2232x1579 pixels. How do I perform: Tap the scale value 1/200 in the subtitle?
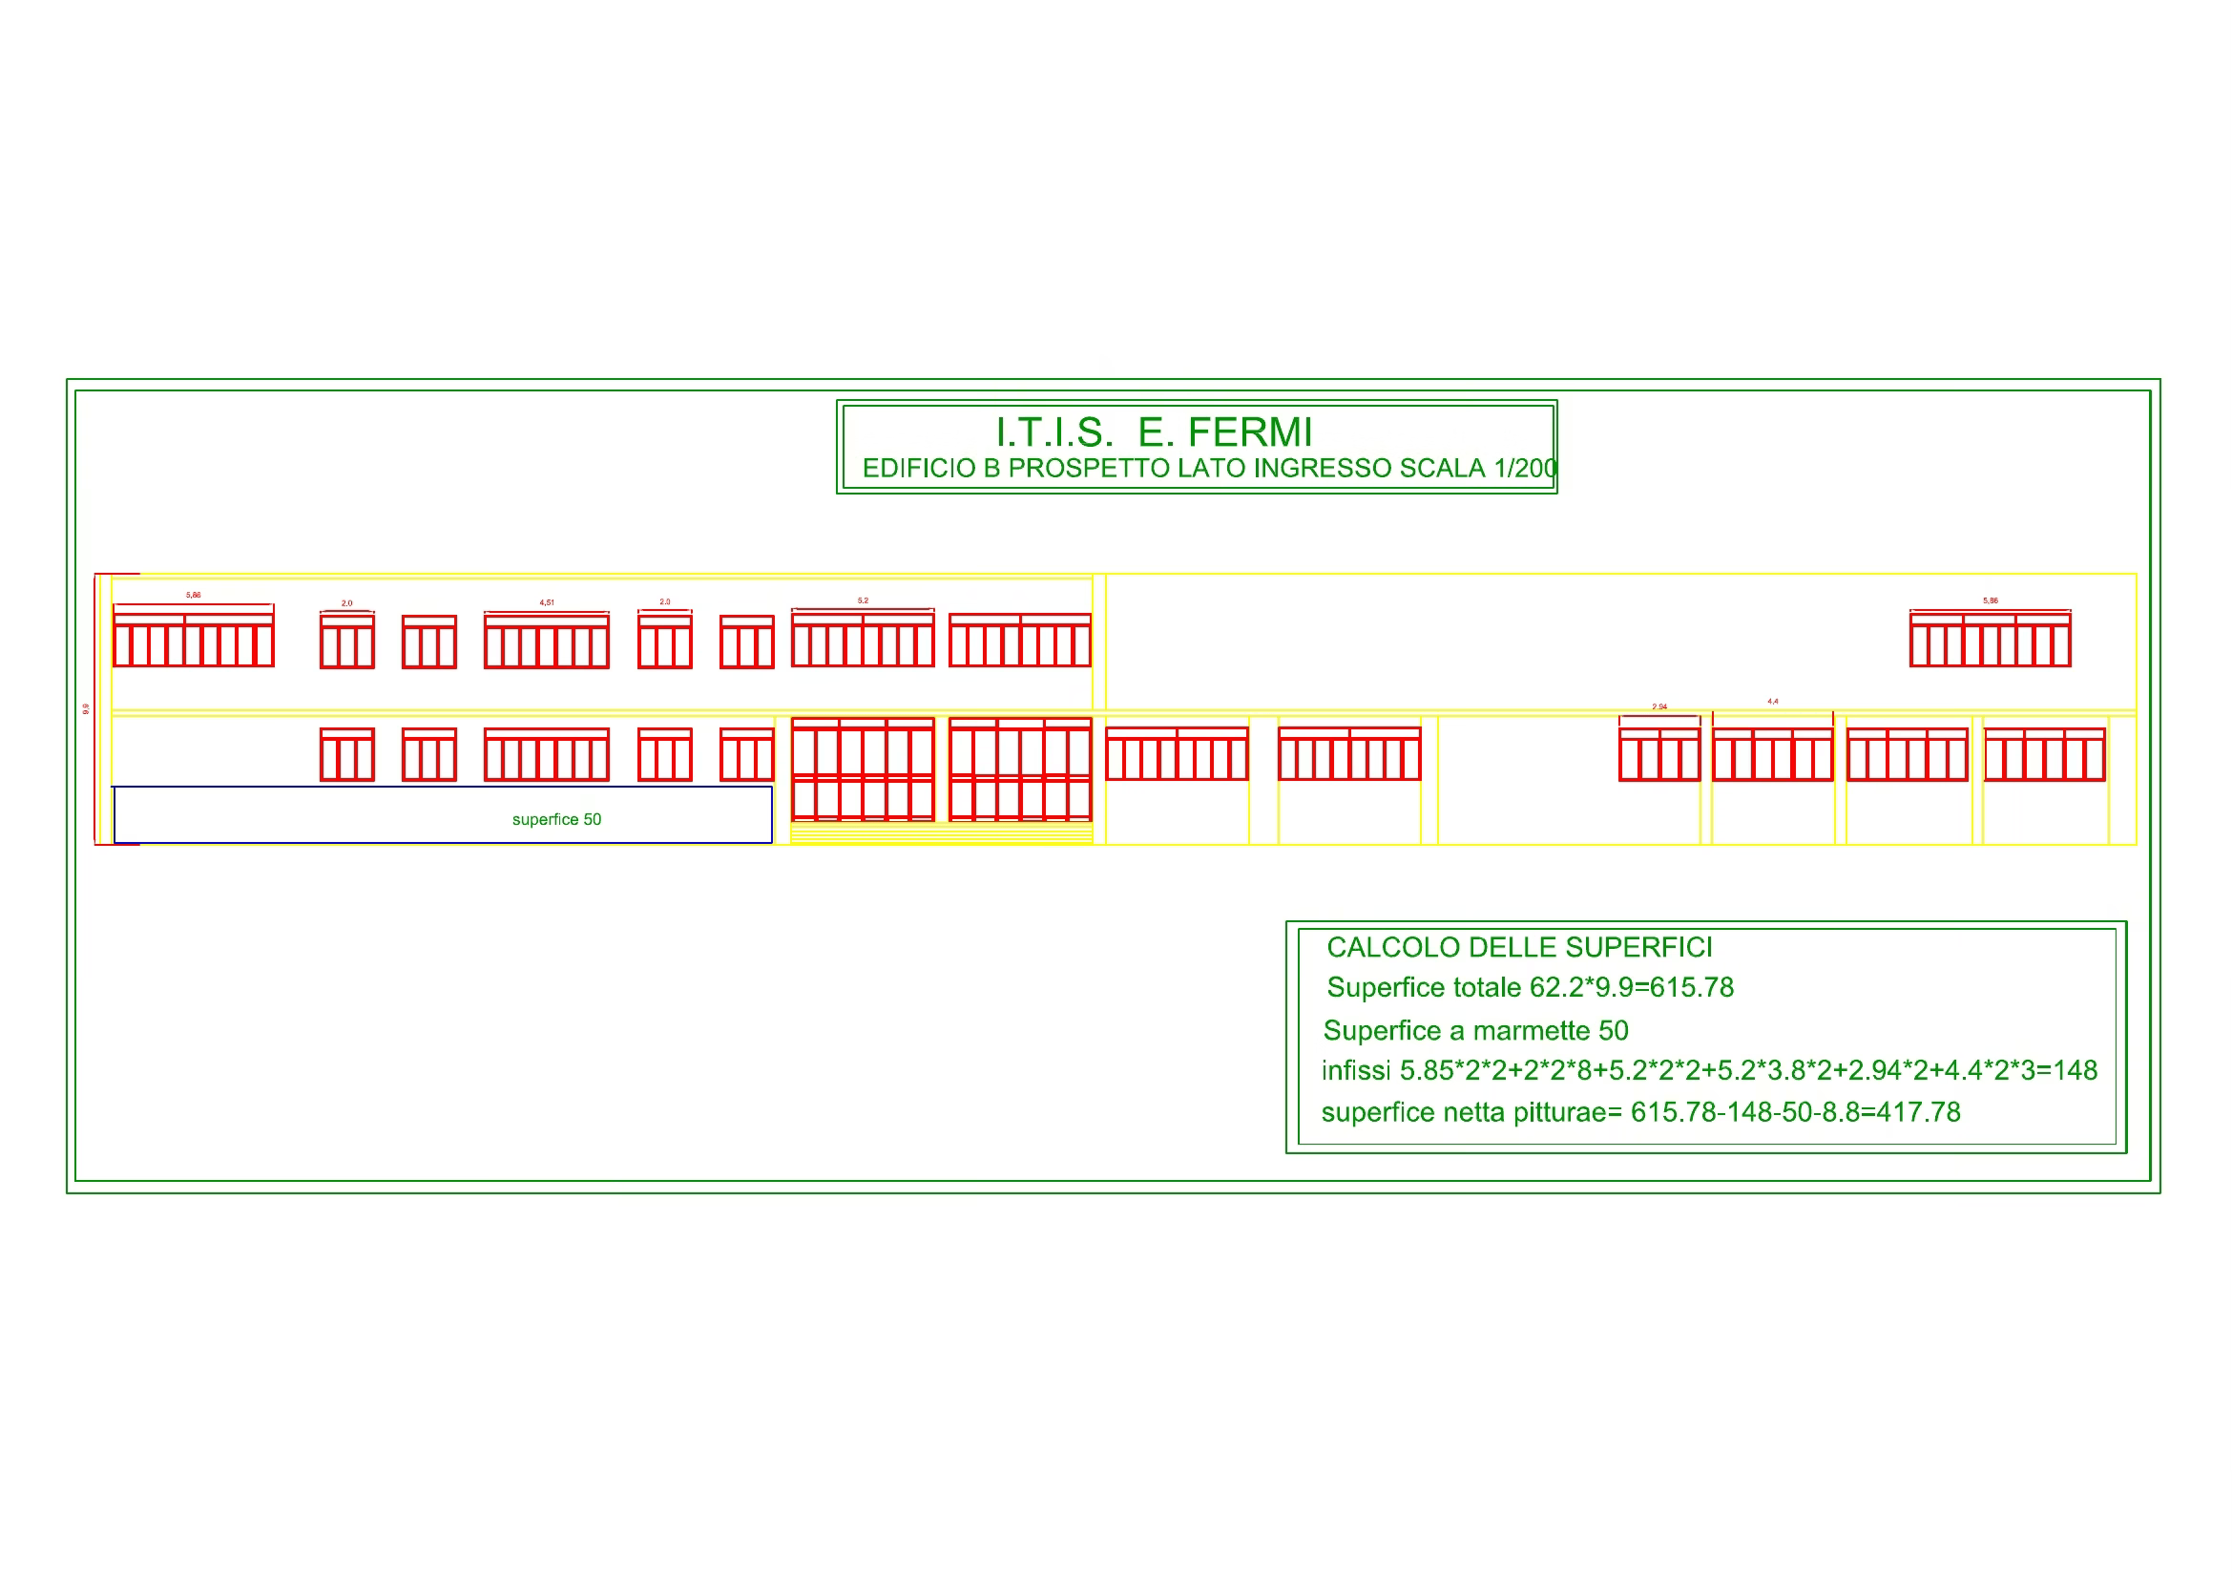pos(1525,469)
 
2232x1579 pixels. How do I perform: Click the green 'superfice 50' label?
pos(556,820)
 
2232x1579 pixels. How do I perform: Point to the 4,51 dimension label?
pos(547,602)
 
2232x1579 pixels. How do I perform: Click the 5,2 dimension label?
pos(863,600)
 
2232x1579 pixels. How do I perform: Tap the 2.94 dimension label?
pos(1659,706)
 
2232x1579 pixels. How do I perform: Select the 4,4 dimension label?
pos(1773,701)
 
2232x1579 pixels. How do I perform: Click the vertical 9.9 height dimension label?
pos(86,708)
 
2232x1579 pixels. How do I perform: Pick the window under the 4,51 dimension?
pos(547,641)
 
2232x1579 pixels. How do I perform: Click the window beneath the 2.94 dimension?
pos(1659,754)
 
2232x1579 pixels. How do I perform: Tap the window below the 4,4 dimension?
pos(1772,754)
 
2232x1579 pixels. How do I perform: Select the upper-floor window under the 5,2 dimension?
pos(863,640)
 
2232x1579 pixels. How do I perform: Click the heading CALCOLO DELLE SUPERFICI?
pos(1519,947)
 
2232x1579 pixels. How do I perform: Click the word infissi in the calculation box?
pos(1355,1070)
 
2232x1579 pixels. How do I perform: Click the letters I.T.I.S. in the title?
pos(1053,432)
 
